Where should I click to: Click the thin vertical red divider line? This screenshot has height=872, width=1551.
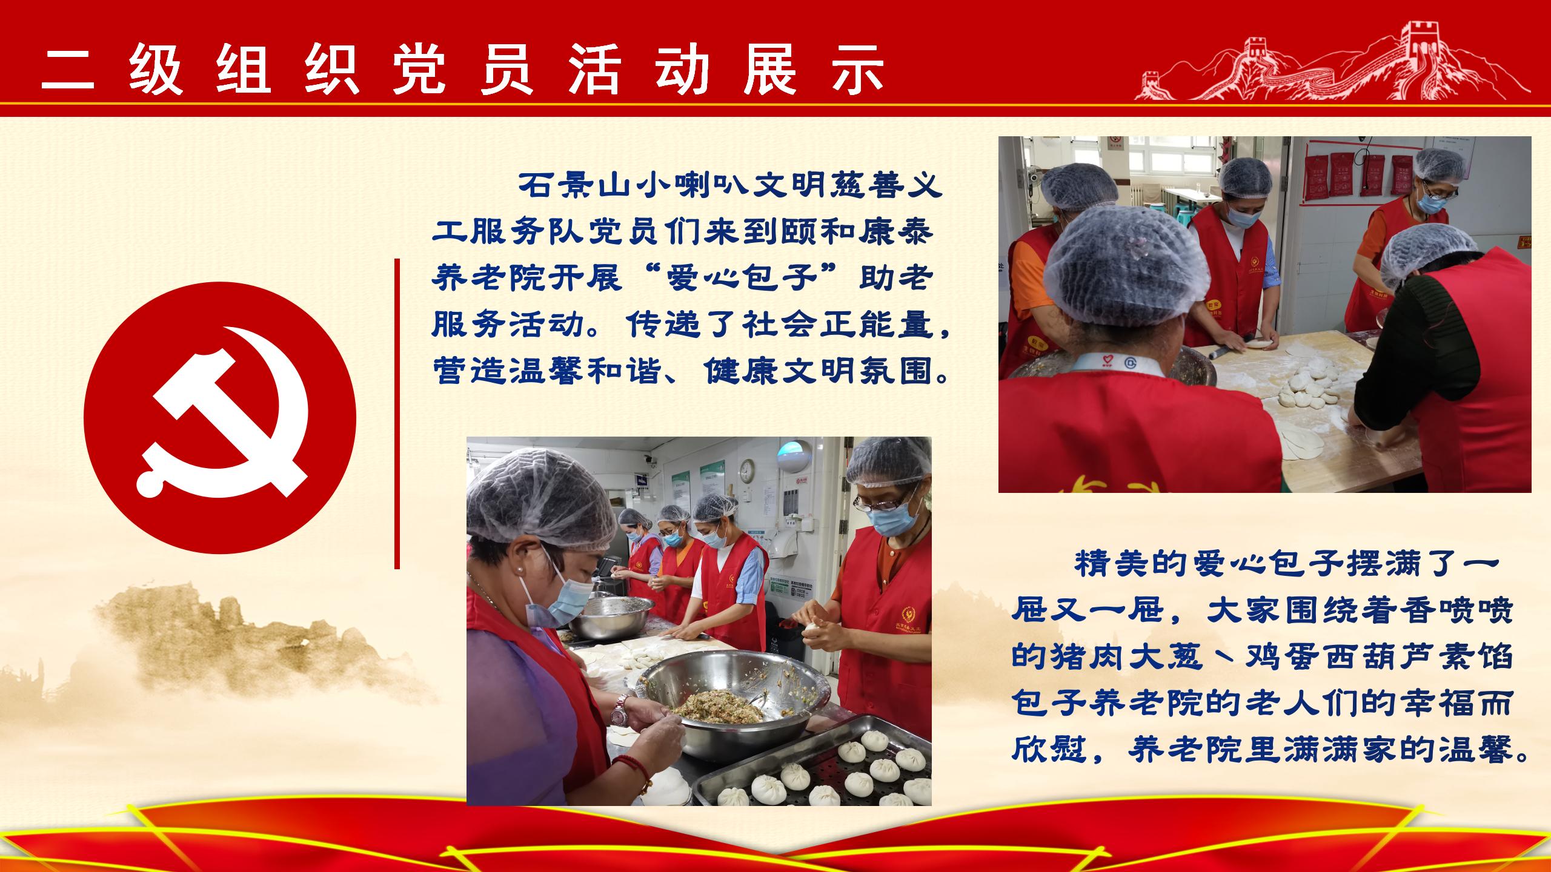397,414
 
